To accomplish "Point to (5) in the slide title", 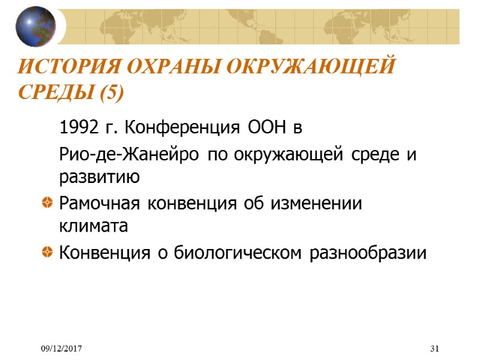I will pos(111,94).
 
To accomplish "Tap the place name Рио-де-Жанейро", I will pos(130,155).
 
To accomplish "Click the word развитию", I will pos(100,178).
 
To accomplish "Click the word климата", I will pos(94,227).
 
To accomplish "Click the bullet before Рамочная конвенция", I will pos(46,204).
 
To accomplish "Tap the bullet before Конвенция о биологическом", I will pos(46,253).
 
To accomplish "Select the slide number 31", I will pos(435,349).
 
